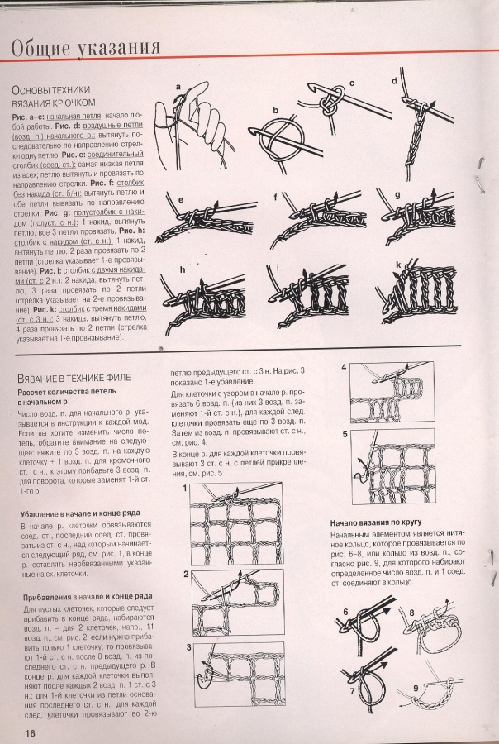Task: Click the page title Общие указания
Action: pos(88,47)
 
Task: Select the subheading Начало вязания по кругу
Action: pos(384,522)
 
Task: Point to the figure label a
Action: pos(177,86)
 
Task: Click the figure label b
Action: pos(276,110)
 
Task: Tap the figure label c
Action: pos(351,83)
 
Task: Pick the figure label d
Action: pos(394,81)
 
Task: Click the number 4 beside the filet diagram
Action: pos(345,368)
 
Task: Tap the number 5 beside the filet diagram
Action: pos(345,434)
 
